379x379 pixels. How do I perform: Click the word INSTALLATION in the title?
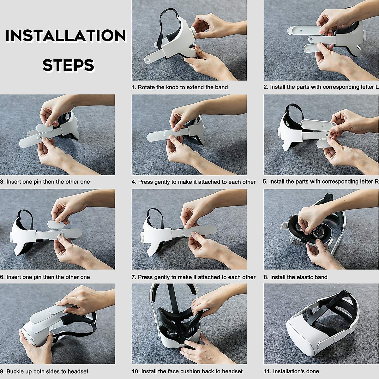tap(65, 36)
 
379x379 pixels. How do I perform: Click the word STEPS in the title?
tap(68, 65)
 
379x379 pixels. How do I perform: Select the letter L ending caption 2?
tap(377, 87)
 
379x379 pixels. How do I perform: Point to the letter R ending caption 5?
tap(377, 181)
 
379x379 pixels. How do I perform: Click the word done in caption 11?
tap(313, 371)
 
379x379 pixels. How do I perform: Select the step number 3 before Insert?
tap(2, 182)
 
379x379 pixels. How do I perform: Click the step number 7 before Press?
tap(134, 277)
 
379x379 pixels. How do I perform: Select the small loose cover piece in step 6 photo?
tap(56, 225)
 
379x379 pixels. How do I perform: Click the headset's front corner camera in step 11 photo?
tap(311, 346)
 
